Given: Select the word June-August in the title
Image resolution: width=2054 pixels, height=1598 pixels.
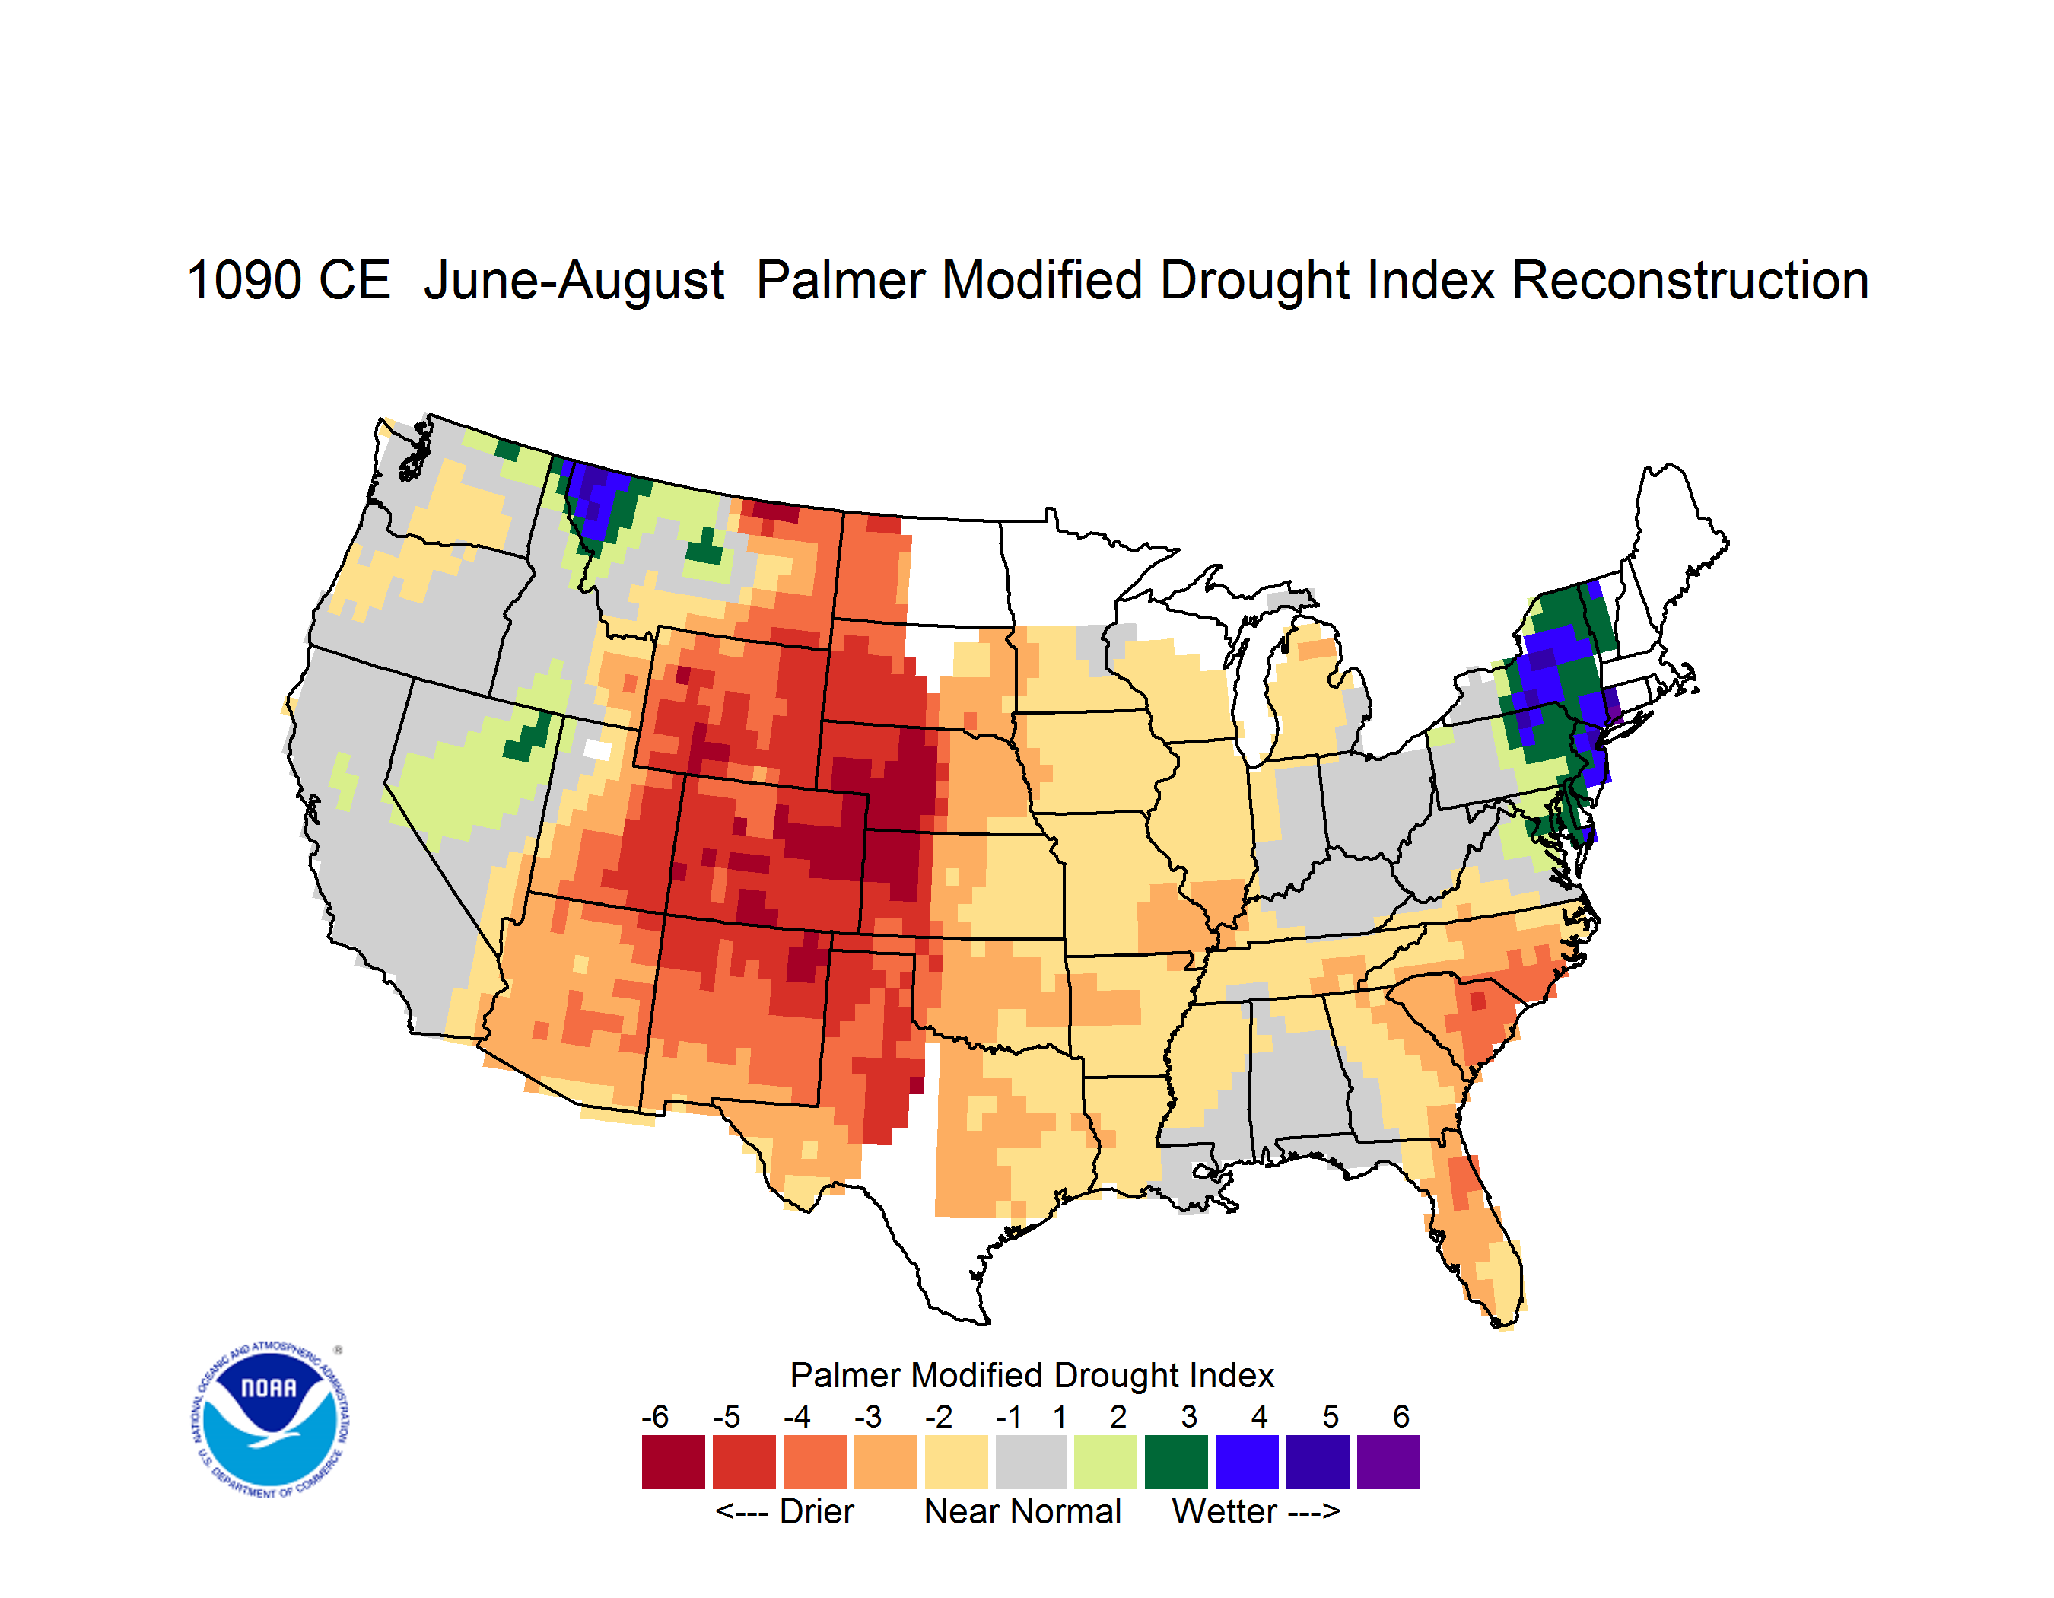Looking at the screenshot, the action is (574, 282).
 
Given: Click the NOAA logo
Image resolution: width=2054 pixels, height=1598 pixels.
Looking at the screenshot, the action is (270, 1420).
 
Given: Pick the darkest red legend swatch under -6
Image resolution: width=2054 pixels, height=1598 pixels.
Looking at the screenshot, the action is (673, 1462).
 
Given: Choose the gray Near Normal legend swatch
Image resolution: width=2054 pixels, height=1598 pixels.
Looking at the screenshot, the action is (1031, 1462).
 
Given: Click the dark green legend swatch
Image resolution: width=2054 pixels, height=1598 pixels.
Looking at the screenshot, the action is (1175, 1462).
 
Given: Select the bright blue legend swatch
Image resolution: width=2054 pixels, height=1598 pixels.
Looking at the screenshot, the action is (1246, 1462).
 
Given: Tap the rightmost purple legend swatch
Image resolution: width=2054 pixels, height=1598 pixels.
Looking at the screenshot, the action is (1388, 1462).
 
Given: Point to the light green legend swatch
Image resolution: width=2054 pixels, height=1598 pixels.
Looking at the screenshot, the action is (1105, 1462).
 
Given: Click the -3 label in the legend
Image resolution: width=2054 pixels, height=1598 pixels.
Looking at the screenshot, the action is (867, 1416).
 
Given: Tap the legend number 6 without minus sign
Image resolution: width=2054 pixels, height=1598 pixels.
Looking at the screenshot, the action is (1401, 1416).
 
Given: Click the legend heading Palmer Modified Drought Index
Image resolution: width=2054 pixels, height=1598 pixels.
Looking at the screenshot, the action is (1032, 1375).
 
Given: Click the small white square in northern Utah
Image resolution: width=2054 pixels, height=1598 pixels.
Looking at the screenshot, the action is (597, 750).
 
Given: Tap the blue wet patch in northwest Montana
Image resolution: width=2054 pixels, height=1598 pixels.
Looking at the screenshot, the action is (597, 498).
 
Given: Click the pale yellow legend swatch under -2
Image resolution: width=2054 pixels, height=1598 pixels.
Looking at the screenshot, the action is (956, 1462).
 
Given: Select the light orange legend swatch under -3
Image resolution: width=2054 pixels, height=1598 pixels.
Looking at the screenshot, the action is (885, 1462).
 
